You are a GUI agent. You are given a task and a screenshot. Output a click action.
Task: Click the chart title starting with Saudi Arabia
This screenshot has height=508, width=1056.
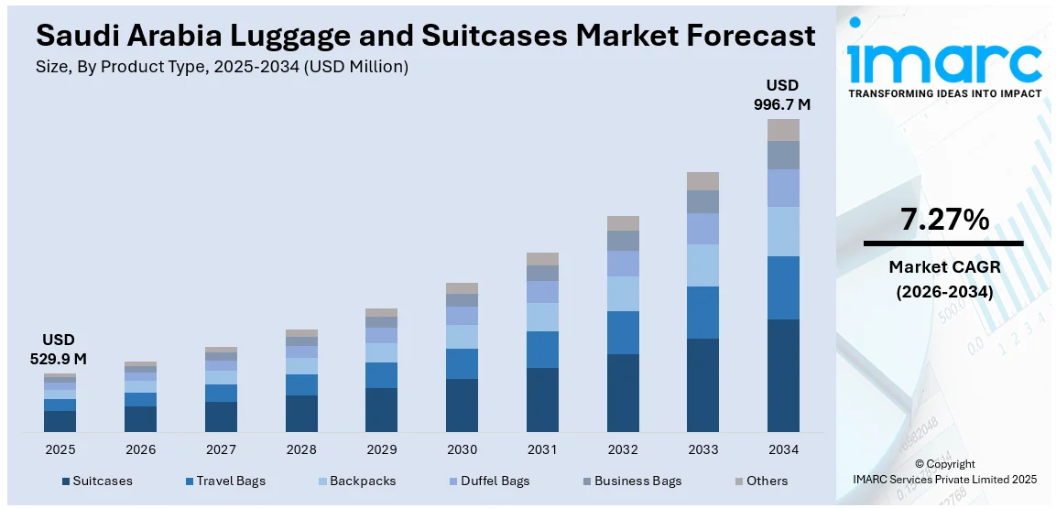point(426,35)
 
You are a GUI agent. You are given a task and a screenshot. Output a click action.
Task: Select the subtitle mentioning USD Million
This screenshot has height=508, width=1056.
point(223,67)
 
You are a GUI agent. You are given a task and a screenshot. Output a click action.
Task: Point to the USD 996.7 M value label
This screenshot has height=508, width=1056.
point(781,94)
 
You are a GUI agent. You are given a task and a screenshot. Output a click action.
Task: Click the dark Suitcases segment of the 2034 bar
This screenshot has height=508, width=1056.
point(783,375)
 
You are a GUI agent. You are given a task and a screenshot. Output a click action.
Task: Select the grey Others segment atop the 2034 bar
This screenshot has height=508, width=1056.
point(783,130)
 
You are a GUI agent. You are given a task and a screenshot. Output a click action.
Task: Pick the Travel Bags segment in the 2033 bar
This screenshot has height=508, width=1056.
point(702,312)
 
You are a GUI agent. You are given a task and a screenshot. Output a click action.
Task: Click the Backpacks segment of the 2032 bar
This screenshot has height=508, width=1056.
point(623,294)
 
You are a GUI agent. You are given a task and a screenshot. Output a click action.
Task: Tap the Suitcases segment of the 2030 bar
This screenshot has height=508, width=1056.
point(462,405)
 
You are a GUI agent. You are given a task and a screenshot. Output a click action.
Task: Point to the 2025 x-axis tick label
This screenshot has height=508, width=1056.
point(60,449)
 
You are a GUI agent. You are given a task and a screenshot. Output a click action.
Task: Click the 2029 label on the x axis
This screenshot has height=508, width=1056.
point(381,449)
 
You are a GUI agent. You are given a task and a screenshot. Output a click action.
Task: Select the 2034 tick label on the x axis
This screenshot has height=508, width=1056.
point(783,449)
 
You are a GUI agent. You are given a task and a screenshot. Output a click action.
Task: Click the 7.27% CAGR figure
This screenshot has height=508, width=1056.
point(943,220)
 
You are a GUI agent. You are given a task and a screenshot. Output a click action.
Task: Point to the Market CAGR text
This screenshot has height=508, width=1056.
point(943,267)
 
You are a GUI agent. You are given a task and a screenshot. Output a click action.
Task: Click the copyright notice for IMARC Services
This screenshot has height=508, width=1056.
point(945,471)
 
